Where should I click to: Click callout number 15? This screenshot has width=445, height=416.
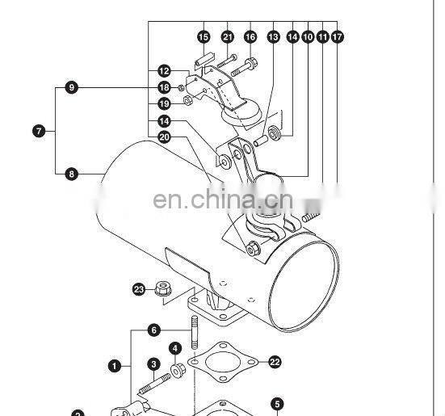pyautogui.click(x=204, y=37)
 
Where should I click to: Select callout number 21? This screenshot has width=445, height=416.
pyautogui.click(x=227, y=37)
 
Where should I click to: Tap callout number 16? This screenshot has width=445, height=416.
pyautogui.click(x=250, y=37)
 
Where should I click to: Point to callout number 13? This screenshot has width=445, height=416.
pyautogui.click(x=273, y=37)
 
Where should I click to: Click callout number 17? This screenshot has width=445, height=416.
pyautogui.click(x=337, y=37)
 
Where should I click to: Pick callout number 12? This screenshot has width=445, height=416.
pyautogui.click(x=164, y=71)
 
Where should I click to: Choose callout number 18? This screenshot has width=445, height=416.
pyautogui.click(x=164, y=87)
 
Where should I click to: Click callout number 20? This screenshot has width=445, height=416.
pyautogui.click(x=164, y=137)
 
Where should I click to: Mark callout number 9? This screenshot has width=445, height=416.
pyautogui.click(x=72, y=87)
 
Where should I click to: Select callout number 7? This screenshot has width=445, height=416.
pyautogui.click(x=39, y=131)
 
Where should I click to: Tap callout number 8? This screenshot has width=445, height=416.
pyautogui.click(x=72, y=174)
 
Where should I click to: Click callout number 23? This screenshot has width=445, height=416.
pyautogui.click(x=139, y=289)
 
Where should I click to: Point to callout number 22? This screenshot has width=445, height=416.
pyautogui.click(x=275, y=362)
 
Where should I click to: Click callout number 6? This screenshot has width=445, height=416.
pyautogui.click(x=153, y=330)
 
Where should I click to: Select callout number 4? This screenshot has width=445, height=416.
pyautogui.click(x=175, y=348)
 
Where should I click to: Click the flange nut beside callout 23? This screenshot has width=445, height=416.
pyautogui.click(x=163, y=288)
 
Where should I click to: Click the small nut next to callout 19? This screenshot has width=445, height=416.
pyautogui.click(x=187, y=100)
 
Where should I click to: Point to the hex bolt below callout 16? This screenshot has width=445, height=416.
pyautogui.click(x=244, y=67)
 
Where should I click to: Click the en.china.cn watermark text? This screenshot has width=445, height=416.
pyautogui.click(x=223, y=200)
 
